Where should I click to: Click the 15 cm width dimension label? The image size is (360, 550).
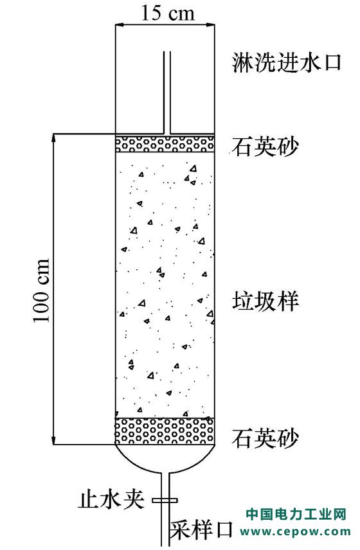167,13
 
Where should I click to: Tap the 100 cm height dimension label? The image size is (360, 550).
42,291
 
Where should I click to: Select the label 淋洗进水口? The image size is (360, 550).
286,63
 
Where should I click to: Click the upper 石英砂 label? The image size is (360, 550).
265,146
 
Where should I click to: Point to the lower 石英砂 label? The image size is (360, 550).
265,438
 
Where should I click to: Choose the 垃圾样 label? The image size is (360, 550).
265,301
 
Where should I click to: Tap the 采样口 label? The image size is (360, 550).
202,530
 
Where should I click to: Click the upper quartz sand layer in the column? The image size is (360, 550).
165,144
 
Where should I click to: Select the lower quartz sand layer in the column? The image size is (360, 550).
165,431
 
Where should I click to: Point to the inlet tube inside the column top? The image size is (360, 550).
167,93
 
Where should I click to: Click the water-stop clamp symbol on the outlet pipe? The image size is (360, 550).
165,500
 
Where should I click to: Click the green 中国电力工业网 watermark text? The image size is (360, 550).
296,515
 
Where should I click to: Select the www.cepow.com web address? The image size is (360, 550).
296,532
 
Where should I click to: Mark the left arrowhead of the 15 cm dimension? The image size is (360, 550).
120,25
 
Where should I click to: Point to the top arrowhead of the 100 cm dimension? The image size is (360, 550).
54,138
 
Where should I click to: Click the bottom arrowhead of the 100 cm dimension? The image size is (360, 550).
54,440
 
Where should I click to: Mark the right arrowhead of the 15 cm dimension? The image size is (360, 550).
210,25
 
